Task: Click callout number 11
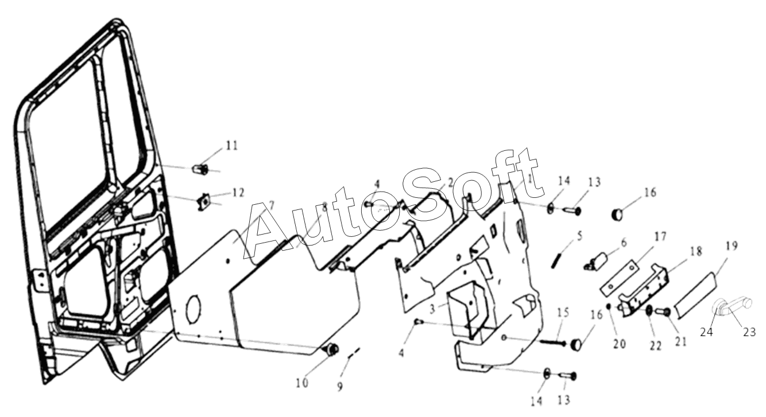231,146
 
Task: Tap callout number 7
271,205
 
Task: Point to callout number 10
302,383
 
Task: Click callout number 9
339,387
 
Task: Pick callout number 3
432,309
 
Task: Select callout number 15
563,312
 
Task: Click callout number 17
660,236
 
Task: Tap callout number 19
731,245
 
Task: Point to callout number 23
749,332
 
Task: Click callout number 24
706,332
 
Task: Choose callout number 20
619,344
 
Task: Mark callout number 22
656,346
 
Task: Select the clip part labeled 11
200,169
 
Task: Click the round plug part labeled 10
331,350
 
